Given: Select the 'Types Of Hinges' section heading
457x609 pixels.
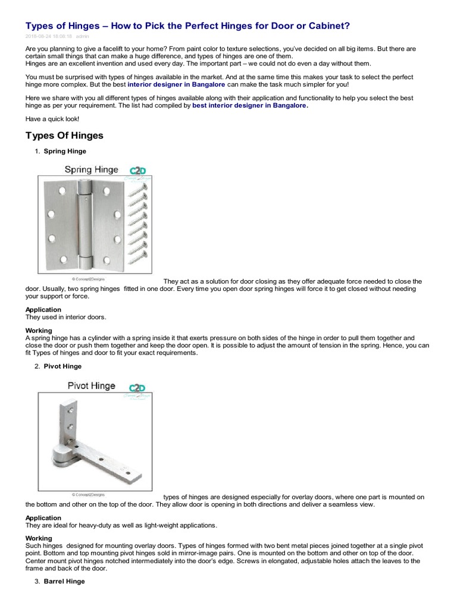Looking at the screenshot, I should point(64,136).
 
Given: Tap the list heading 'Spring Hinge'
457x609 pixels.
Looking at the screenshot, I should point(65,152).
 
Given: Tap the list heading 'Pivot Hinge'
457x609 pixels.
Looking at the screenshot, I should point(62,366).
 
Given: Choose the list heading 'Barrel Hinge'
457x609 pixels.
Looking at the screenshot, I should point(64,581).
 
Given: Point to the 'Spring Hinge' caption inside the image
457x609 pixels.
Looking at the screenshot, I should point(90,169).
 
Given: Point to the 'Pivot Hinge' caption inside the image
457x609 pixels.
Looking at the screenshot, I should point(90,385).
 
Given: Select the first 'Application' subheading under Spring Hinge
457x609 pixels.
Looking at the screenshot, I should point(43,310).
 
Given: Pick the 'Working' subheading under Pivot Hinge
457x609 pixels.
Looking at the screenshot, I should point(39,538).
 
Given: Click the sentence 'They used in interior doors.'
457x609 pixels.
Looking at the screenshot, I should point(65,318).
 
